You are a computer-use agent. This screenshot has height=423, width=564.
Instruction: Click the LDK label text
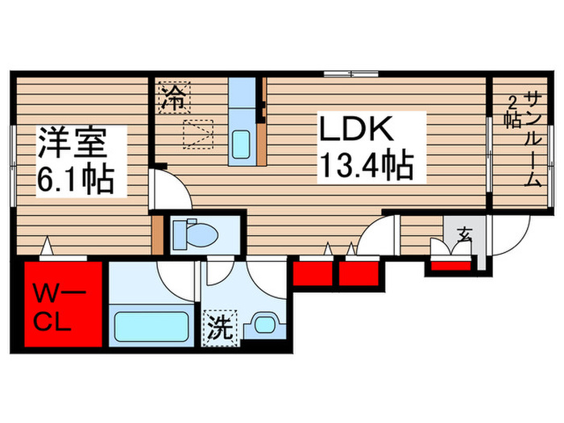point(357,131)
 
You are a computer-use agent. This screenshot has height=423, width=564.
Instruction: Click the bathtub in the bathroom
point(151,326)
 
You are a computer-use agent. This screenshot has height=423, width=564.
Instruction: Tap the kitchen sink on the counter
point(242,145)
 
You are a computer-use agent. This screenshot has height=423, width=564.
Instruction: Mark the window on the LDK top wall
point(351,75)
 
